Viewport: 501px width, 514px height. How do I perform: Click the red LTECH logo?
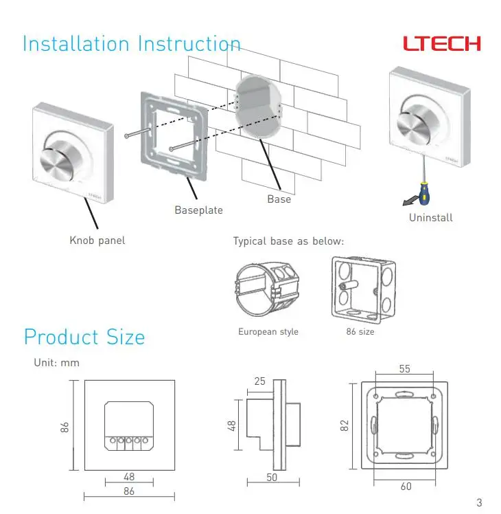(x=442, y=43)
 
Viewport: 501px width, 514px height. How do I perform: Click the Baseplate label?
(x=199, y=210)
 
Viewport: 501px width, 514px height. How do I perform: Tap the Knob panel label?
(x=97, y=241)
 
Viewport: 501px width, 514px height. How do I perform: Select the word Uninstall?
(x=431, y=218)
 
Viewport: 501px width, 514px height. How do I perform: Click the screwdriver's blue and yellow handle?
(x=424, y=193)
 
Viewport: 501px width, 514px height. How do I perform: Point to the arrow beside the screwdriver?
(x=410, y=201)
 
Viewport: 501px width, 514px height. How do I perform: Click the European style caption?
(x=268, y=332)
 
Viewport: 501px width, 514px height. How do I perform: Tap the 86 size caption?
(x=360, y=332)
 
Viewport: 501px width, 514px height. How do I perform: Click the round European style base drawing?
(x=267, y=289)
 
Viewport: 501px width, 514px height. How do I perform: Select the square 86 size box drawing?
(x=364, y=290)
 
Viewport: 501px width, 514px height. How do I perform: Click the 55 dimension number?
(x=405, y=369)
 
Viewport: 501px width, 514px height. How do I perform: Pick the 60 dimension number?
(x=406, y=487)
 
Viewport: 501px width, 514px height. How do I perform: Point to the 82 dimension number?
(x=345, y=426)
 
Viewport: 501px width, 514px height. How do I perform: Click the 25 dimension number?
(x=259, y=381)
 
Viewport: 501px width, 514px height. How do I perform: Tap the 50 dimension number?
(x=272, y=478)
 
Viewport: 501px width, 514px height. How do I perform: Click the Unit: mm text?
(x=57, y=363)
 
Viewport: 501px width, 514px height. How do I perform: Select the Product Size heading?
(x=84, y=337)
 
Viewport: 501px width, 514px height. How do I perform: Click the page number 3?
(x=480, y=502)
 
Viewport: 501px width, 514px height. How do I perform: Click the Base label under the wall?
(x=279, y=199)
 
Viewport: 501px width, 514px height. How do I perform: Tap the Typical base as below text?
(x=288, y=242)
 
